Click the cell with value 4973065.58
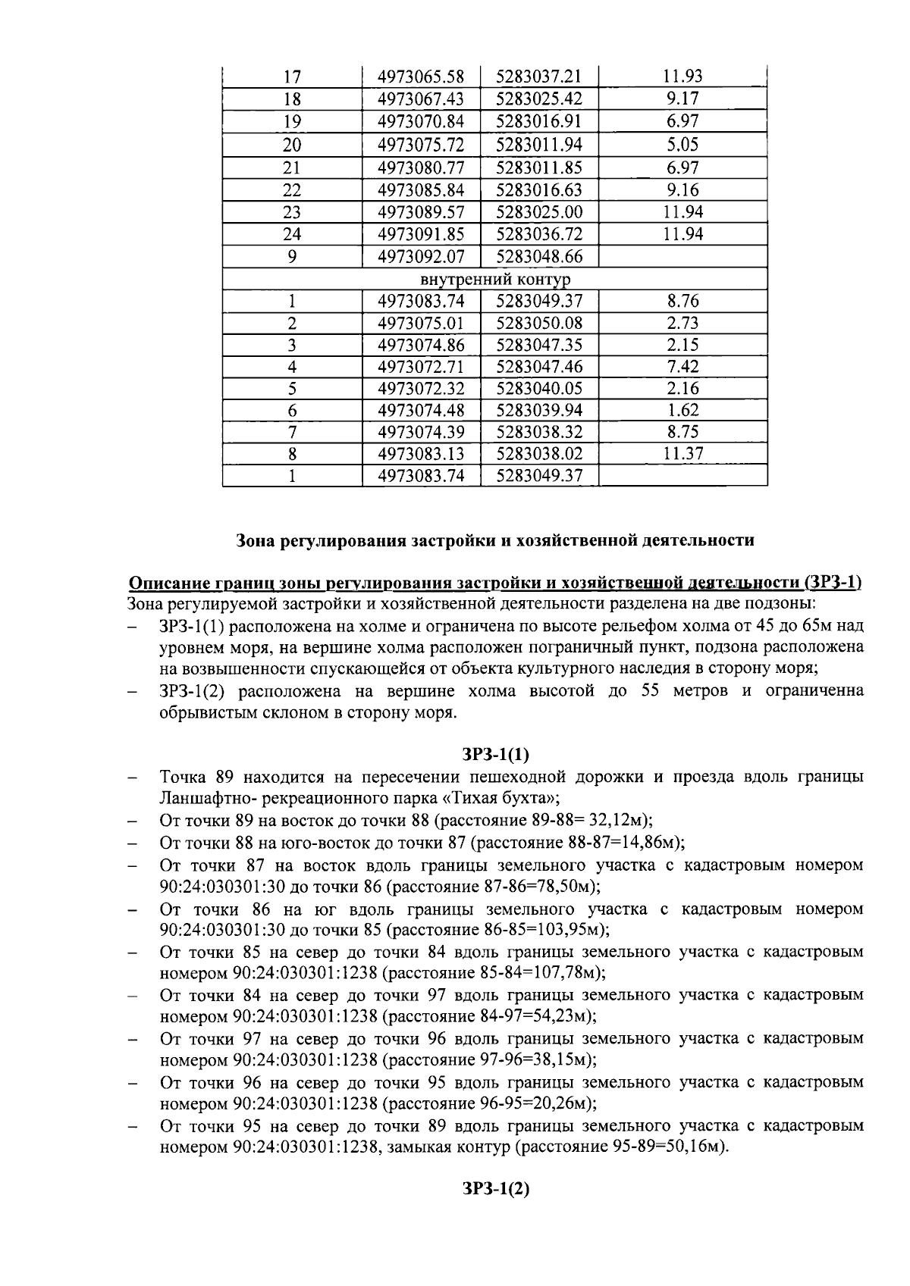click(x=420, y=77)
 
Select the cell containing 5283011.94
click(x=538, y=145)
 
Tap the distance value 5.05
click(x=682, y=145)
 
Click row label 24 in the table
click(x=292, y=234)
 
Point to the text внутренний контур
click(x=494, y=280)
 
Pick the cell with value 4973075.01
click(x=420, y=324)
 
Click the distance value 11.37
click(x=682, y=454)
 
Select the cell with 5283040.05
click(x=538, y=389)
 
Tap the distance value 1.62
click(x=682, y=411)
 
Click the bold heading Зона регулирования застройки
click(x=495, y=540)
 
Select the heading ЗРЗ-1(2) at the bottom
click(x=495, y=1189)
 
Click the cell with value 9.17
click(x=682, y=99)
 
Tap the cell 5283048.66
click(x=538, y=257)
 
